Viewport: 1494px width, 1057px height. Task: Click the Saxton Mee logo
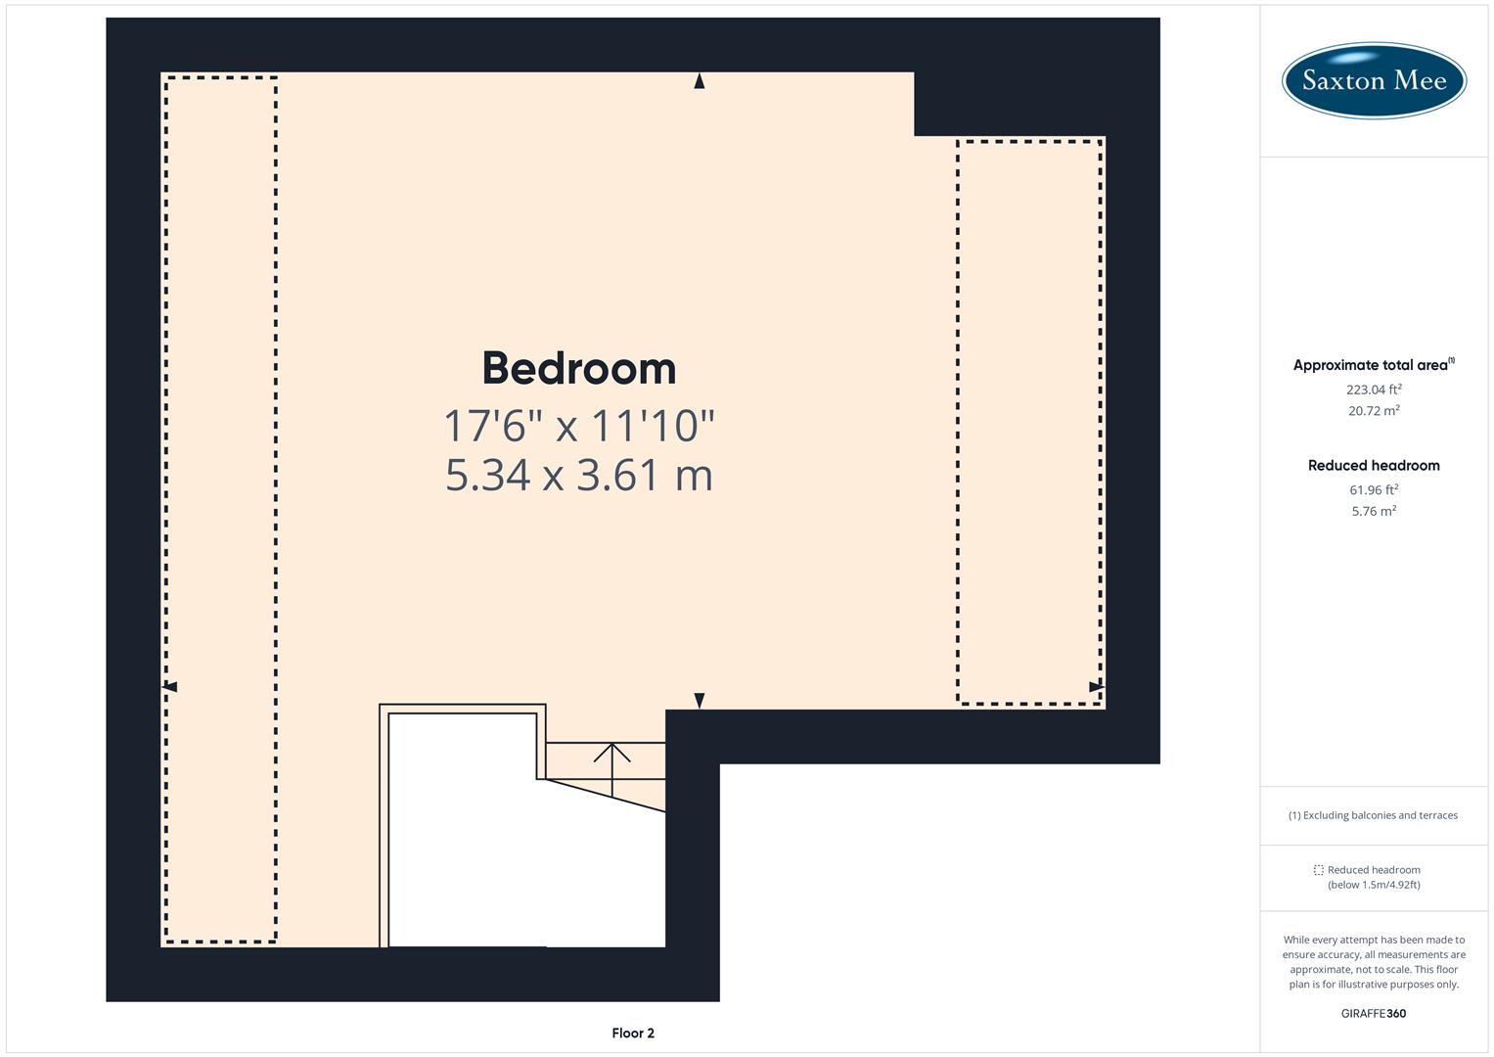1373,80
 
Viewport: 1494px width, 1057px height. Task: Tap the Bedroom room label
579,368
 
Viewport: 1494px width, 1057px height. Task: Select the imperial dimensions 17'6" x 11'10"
579,426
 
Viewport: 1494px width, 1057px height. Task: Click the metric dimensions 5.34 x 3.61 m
579,476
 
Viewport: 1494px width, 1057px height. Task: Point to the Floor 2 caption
633,1033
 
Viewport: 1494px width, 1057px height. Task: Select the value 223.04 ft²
1373,389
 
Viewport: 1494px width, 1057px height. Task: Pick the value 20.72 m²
1373,411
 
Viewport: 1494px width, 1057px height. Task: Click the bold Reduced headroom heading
1373,465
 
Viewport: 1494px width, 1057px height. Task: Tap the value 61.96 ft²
1373,489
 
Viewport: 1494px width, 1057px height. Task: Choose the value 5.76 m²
1373,511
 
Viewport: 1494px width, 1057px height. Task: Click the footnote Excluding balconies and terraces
1373,815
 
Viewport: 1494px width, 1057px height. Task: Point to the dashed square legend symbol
1318,870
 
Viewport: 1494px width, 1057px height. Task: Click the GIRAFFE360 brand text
1373,1013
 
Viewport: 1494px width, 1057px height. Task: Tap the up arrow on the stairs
612,754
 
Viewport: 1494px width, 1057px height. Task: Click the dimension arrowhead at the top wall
699,82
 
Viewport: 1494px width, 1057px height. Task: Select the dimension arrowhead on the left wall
170,687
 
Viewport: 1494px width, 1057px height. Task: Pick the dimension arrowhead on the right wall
1096,687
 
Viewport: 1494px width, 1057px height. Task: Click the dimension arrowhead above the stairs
699,700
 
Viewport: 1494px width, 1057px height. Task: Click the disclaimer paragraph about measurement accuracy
1373,962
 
